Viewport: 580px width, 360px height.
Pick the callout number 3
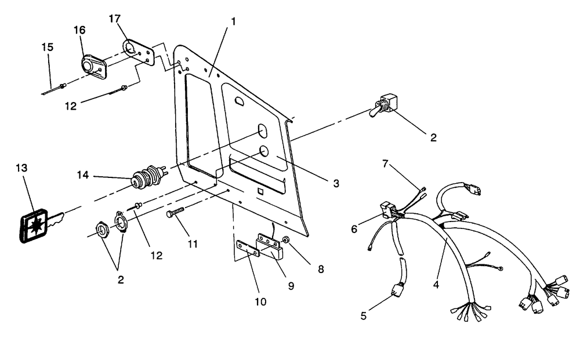pos(336,184)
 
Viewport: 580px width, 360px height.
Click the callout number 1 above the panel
pos(233,21)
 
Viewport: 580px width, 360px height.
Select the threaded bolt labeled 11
pos(175,213)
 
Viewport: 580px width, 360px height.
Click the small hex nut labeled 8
pos(287,239)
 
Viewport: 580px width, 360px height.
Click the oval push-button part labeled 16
pos(90,64)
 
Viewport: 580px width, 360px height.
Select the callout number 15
pos(47,46)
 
